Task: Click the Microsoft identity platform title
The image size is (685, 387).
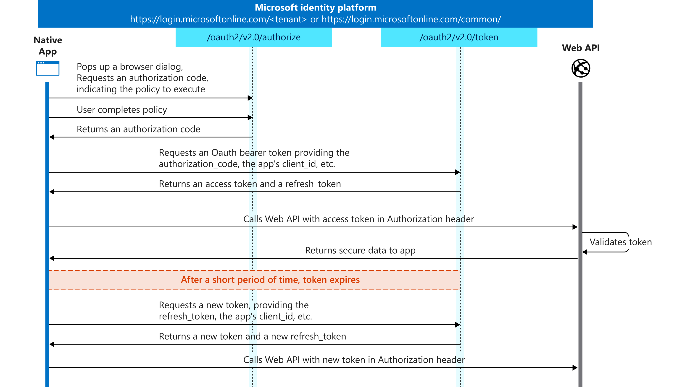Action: (x=315, y=8)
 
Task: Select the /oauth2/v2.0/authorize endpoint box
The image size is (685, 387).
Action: (x=254, y=37)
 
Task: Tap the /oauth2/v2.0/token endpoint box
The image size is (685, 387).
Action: (x=459, y=37)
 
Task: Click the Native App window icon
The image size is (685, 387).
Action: (x=48, y=68)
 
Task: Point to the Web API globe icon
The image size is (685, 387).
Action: (x=581, y=68)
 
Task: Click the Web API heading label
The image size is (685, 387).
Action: (x=581, y=48)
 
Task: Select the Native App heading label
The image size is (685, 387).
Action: (x=48, y=46)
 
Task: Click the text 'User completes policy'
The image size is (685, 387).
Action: (x=122, y=110)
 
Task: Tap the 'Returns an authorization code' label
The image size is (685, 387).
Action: (x=138, y=129)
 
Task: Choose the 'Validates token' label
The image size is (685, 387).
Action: (x=621, y=242)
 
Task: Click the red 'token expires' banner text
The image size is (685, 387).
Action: (x=270, y=280)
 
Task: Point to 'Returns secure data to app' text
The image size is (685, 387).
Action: (x=360, y=251)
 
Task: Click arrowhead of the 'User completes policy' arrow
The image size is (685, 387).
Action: (x=250, y=117)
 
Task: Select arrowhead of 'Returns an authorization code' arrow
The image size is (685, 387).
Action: (x=52, y=137)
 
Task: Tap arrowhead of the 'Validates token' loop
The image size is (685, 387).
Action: (x=585, y=252)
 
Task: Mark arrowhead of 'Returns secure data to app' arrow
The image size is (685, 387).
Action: (x=52, y=258)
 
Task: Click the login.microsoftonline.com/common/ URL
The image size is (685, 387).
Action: (x=411, y=19)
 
